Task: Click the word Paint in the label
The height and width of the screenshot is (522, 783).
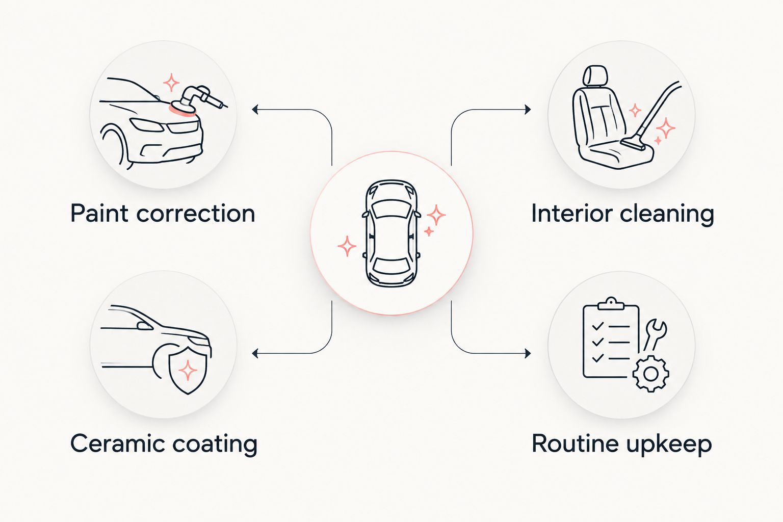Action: tap(99, 213)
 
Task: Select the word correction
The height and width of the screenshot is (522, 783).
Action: tap(196, 213)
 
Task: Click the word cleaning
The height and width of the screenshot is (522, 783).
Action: tap(667, 214)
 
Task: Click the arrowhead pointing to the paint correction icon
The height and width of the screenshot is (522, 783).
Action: tap(255, 110)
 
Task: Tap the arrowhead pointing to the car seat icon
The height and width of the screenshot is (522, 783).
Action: tap(528, 110)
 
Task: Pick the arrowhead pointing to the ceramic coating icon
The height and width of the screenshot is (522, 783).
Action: tap(255, 353)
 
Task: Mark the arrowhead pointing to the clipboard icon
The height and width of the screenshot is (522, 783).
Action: tap(528, 353)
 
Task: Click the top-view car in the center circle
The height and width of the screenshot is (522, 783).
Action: tap(391, 233)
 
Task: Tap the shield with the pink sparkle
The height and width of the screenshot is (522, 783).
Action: tap(188, 370)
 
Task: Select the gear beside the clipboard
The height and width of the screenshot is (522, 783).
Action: tap(650, 374)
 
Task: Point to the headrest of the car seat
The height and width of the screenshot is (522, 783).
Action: tap(595, 76)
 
